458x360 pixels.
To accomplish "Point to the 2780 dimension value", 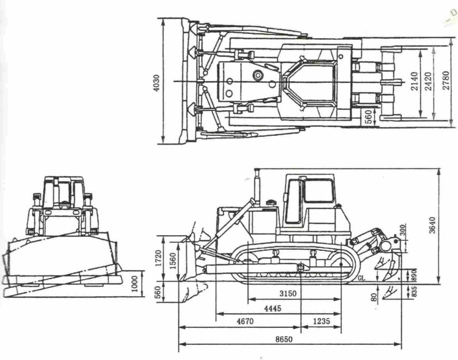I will (446, 81).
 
